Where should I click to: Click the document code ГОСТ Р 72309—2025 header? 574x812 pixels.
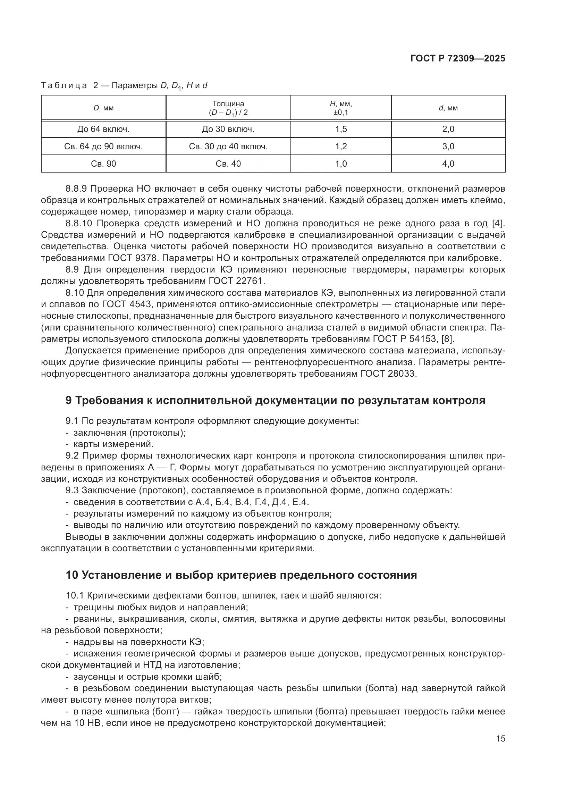458,58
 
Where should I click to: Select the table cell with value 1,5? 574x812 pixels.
341,129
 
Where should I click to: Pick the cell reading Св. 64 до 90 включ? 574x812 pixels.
103,147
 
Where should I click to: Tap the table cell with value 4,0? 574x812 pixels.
448,164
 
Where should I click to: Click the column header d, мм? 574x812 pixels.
448,108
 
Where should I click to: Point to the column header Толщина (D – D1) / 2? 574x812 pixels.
228,108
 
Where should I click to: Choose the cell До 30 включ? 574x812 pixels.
228,129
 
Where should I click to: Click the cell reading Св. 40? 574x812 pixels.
228,164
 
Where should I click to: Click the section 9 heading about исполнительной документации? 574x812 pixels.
275,400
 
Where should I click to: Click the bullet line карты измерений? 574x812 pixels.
113,444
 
